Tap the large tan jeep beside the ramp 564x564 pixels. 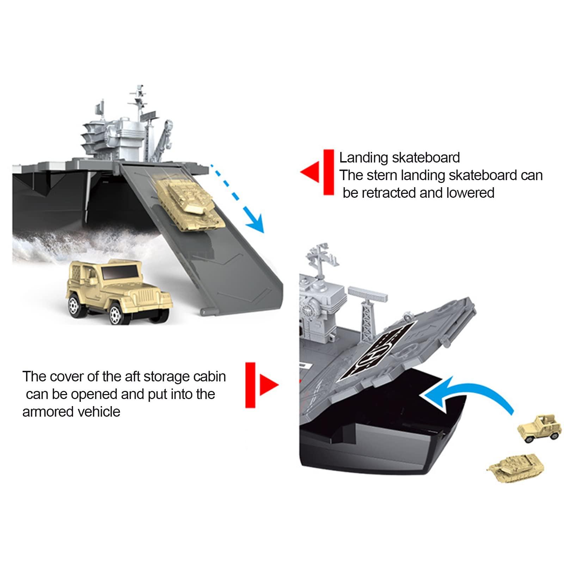118,291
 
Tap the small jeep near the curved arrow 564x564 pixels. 540,429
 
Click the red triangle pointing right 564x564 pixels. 268,385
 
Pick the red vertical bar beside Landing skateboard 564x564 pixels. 329,172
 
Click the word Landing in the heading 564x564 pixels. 363,158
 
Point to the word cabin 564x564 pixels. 209,376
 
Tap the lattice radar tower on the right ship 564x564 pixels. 367,310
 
